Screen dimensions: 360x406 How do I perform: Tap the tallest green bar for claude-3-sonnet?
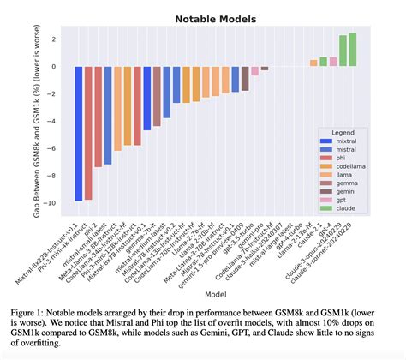(x=353, y=50)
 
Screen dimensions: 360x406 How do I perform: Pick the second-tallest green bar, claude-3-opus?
(x=343, y=51)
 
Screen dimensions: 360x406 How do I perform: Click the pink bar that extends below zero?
(x=254, y=71)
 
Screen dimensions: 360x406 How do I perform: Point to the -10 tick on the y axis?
(x=53, y=203)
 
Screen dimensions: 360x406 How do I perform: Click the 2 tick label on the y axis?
(x=56, y=39)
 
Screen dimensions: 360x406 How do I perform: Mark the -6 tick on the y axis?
(x=55, y=148)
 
